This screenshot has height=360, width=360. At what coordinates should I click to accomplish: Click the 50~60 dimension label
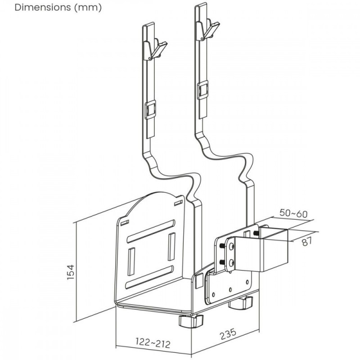tap(293, 214)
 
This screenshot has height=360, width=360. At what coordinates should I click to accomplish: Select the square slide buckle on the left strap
tap(151, 109)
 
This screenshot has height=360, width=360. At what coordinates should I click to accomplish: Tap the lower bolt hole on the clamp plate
tap(231, 262)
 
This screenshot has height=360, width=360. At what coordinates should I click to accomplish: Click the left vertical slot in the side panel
tap(132, 261)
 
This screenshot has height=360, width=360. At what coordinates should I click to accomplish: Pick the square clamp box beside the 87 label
tap(274, 250)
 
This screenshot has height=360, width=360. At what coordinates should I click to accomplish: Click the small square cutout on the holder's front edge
tap(198, 281)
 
